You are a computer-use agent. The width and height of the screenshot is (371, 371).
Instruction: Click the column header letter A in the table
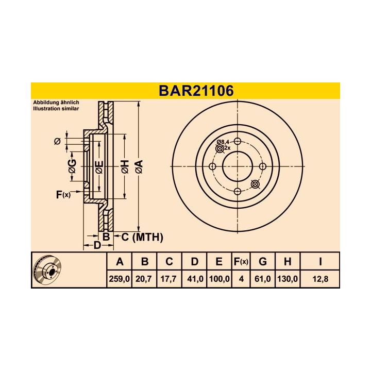(120, 262)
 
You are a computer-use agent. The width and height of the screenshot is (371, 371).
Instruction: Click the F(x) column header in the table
(241, 262)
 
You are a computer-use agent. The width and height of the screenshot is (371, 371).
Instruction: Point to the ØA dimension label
(138, 166)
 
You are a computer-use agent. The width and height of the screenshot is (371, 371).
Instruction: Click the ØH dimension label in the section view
(124, 166)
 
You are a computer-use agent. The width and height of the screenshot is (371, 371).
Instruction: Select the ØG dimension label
(73, 166)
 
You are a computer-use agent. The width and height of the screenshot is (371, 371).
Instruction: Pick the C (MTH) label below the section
(142, 237)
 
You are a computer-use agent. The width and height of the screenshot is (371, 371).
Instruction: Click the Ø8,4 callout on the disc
(223, 142)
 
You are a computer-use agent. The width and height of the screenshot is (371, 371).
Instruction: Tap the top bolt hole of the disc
(237, 142)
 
